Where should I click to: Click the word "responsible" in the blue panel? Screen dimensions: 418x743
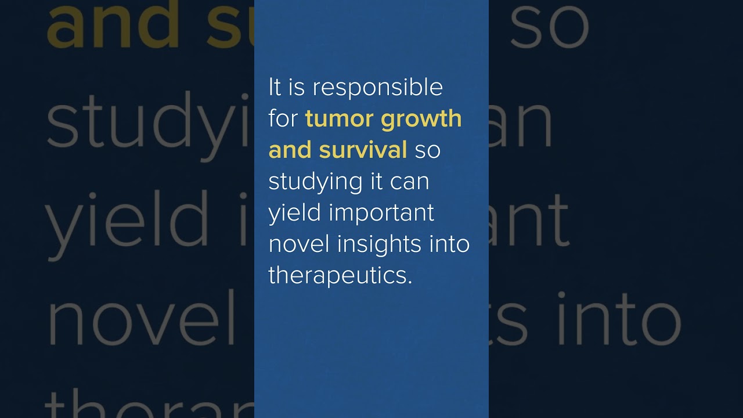coord(378,88)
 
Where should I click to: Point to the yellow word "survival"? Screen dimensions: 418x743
coord(363,150)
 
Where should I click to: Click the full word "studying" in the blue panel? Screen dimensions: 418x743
coord(308,182)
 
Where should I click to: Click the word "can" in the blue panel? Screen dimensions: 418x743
coord(410,182)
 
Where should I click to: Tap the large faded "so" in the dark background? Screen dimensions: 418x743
coord(550,26)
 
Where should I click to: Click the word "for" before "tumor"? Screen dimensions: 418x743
coord(283,119)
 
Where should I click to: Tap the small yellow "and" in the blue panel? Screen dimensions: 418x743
coord(290,150)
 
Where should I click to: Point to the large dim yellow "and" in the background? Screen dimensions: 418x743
coord(113,26)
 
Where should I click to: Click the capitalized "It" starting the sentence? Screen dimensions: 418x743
coord(274,88)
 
